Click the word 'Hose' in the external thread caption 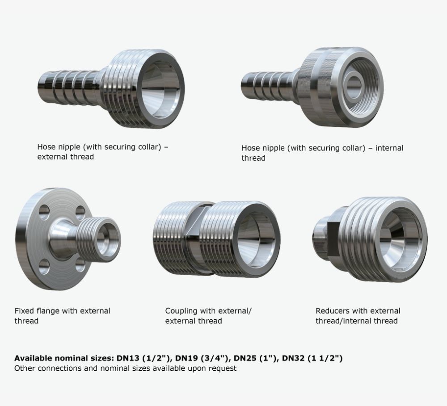pos(47,147)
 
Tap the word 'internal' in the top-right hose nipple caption pos(389,148)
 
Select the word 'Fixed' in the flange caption pos(24,311)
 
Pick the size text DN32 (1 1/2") pos(312,358)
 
